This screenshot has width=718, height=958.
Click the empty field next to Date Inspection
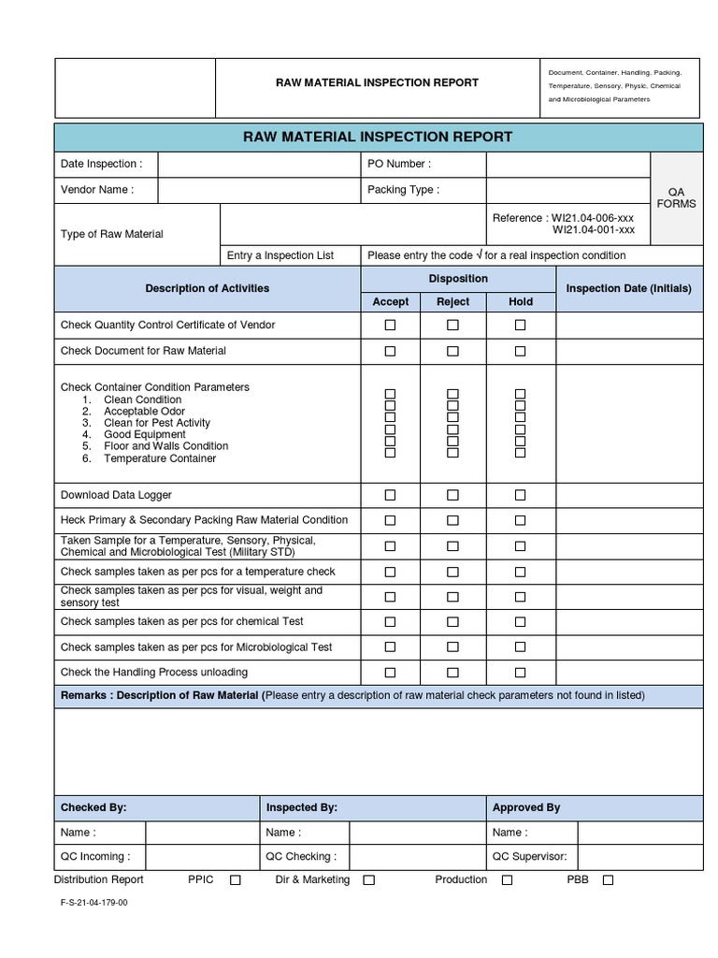[259, 165]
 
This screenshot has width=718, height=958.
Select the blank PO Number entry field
[567, 165]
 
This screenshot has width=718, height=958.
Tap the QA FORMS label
[676, 197]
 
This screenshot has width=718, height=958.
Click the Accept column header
[391, 301]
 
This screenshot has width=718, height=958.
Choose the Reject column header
[452, 301]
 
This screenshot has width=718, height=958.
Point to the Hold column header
[521, 301]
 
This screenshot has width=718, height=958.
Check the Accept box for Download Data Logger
[391, 495]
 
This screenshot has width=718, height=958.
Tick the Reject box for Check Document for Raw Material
[452, 351]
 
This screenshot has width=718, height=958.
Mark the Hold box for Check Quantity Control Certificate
[521, 325]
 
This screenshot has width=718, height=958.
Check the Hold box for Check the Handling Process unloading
[521, 672]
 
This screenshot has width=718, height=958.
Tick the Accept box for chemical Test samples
[391, 621]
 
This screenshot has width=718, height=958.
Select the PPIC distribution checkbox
[236, 880]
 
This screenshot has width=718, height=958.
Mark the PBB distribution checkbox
[608, 880]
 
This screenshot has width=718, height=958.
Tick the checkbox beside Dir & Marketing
[369, 880]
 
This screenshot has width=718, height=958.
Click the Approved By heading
[526, 807]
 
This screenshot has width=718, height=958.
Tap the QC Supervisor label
[529, 856]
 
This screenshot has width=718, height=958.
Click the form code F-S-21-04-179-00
[94, 904]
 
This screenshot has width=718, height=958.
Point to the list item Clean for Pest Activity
[156, 423]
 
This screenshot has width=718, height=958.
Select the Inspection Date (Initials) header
[629, 288]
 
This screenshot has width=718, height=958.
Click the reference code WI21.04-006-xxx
[593, 218]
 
